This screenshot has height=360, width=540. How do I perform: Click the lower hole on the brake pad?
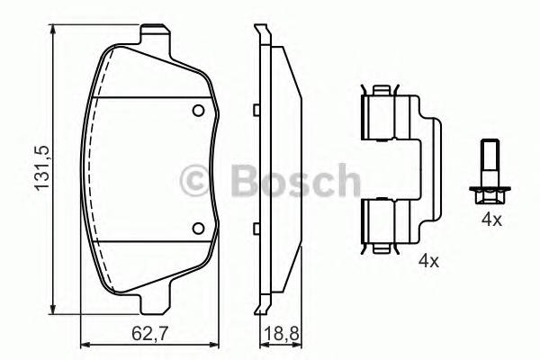(x=200, y=229)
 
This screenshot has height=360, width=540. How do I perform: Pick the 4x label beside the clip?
(x=428, y=262)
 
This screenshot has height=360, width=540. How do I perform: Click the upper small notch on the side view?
(x=256, y=111)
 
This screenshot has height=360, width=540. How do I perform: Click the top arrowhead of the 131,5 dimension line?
(x=55, y=29)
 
